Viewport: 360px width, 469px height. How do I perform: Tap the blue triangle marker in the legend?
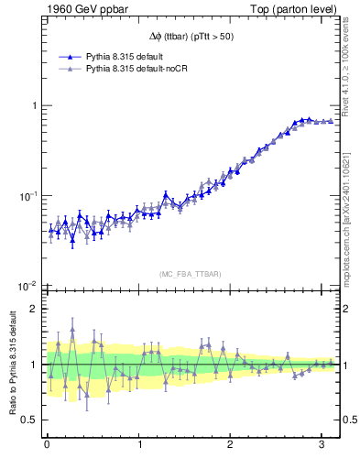[63, 57]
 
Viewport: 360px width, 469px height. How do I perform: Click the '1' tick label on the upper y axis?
[33, 105]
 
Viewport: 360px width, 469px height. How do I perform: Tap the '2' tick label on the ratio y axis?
[33, 309]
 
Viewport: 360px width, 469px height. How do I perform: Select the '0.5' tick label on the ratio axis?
[29, 420]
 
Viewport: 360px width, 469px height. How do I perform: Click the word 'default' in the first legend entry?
[151, 57]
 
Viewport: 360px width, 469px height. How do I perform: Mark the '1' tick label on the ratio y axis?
[33, 365]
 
